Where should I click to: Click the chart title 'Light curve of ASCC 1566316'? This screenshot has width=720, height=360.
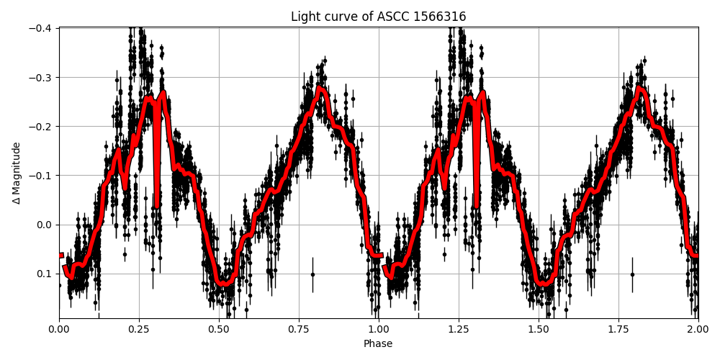click(x=378, y=17)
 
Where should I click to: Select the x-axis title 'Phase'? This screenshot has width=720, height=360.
click(x=378, y=344)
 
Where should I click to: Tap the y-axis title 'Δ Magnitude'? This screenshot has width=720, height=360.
click(x=17, y=173)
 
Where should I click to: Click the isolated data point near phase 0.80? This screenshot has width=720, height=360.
click(x=312, y=274)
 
